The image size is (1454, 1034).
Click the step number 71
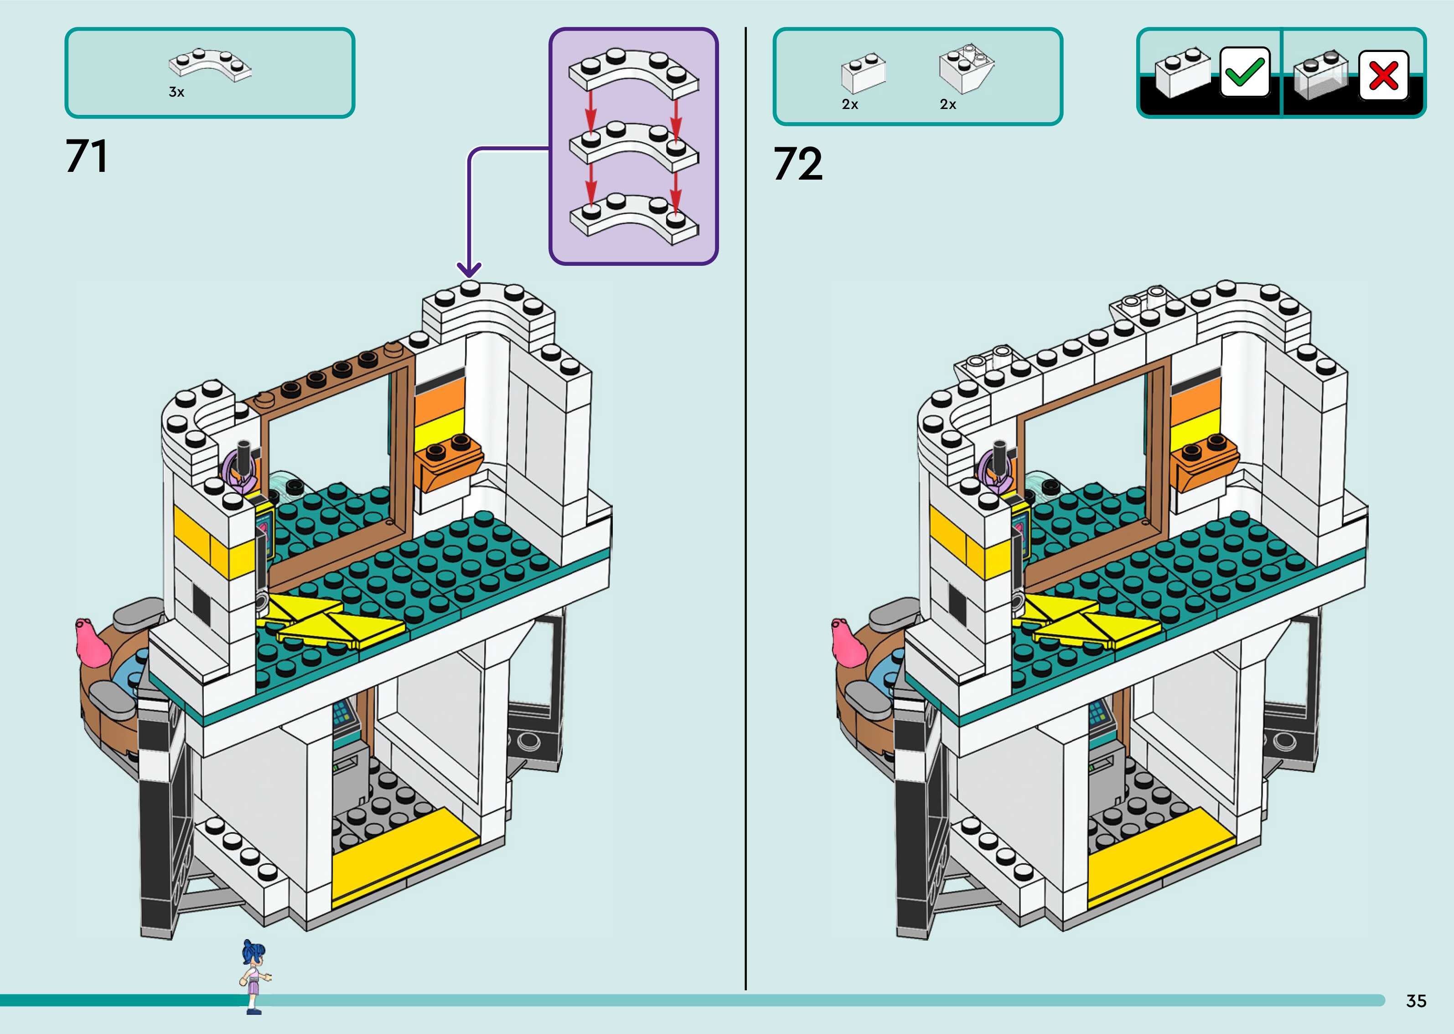[x=87, y=157]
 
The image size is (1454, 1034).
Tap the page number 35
[x=1416, y=1001]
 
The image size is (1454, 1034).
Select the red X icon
[x=1383, y=76]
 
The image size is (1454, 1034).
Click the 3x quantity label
[x=176, y=92]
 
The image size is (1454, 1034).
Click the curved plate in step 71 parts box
[x=210, y=65]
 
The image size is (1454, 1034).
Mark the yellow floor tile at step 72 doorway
[x=1160, y=853]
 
